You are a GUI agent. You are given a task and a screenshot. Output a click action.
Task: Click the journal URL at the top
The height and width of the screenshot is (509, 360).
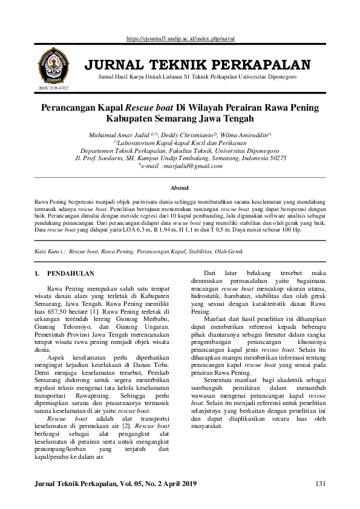click(180, 39)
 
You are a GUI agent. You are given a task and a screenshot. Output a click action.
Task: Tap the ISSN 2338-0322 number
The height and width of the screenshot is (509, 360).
click(53, 88)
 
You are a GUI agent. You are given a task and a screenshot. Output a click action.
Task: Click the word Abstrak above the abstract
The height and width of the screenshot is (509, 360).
click(180, 189)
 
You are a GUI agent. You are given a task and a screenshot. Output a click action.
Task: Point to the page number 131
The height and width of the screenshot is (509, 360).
click(321, 484)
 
